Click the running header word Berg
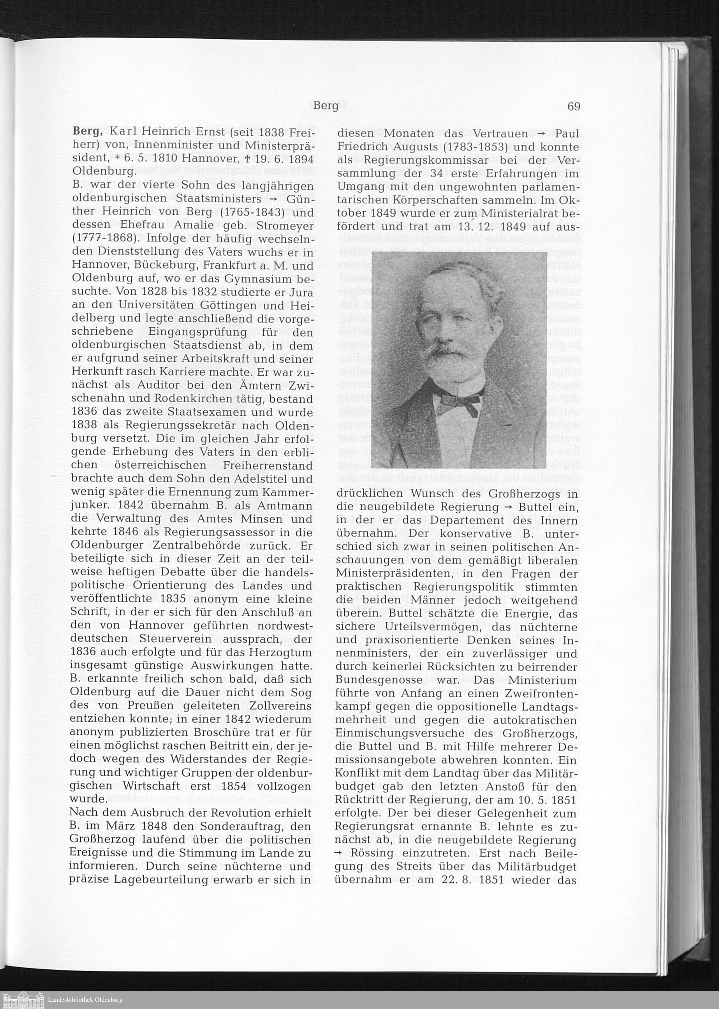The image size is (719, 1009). click(x=325, y=106)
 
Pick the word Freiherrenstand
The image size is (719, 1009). click(x=268, y=466)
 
